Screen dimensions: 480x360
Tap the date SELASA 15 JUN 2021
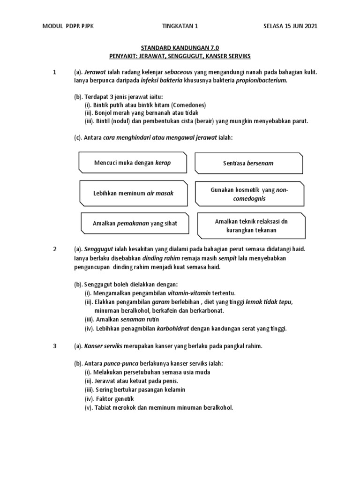click(290, 26)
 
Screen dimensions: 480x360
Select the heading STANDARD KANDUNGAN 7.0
click(180, 48)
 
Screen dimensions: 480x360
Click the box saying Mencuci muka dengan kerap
click(133, 163)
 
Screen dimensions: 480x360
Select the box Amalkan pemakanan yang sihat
click(135, 223)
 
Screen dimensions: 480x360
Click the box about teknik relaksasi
click(252, 225)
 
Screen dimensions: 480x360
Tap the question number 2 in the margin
click(55, 249)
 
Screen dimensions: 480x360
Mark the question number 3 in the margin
click(55, 346)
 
